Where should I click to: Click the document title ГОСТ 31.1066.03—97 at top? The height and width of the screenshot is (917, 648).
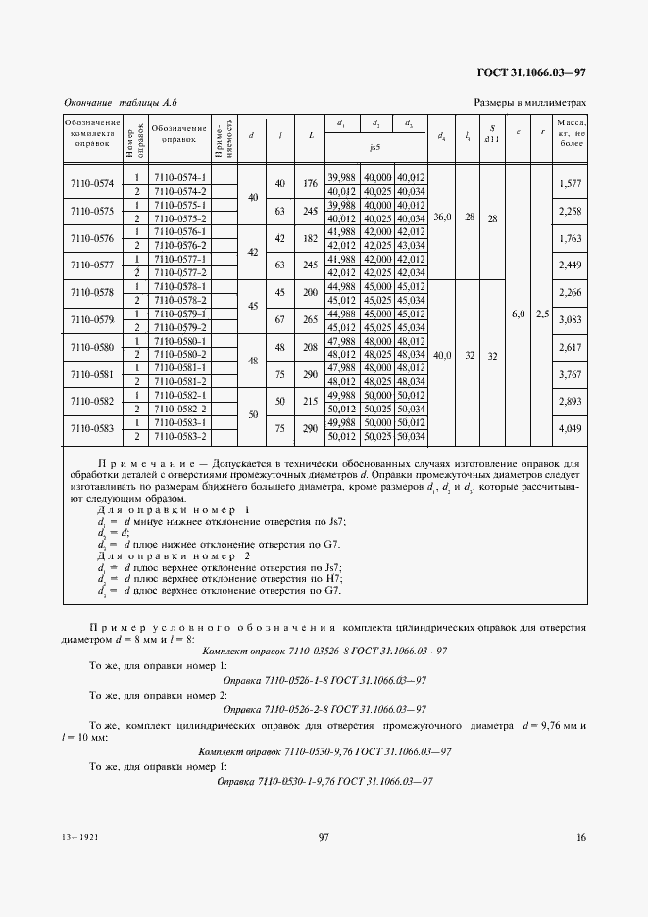coord(531,72)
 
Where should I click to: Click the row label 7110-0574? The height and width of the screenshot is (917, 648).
coord(92,183)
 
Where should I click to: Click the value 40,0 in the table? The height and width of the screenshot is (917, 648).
coord(443,355)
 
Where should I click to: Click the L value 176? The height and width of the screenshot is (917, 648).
coord(311,183)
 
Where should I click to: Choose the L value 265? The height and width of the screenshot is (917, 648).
coord(311,319)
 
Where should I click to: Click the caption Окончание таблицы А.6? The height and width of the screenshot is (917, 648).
coord(120,102)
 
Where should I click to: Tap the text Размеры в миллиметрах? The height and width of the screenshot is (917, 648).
coord(529,102)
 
